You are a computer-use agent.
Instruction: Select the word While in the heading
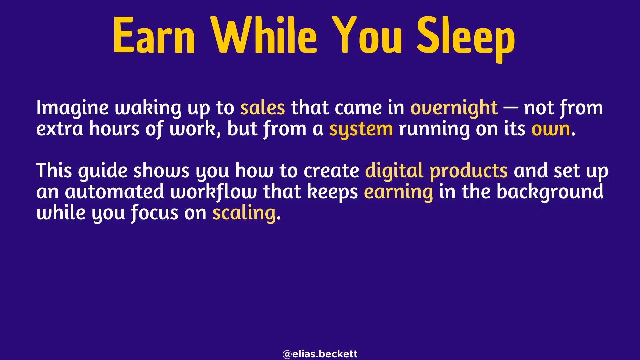[x=265, y=35]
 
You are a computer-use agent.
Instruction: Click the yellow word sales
[x=263, y=108]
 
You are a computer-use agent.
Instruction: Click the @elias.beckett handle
[x=320, y=354]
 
